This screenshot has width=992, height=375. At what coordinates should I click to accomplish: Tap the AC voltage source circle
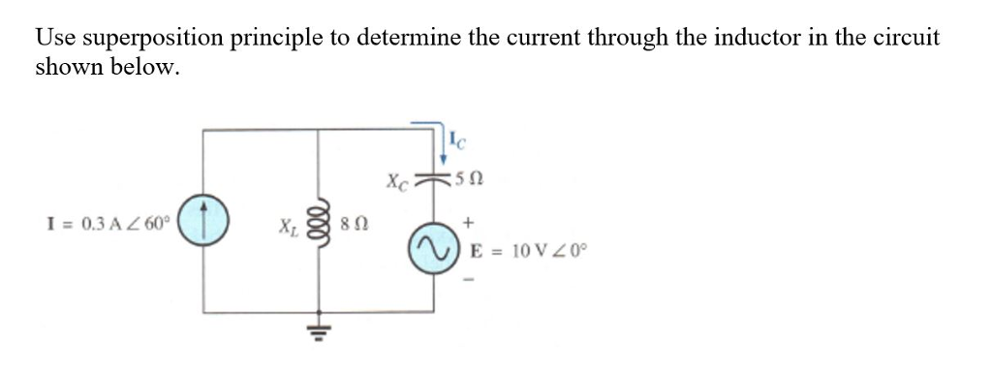tap(432, 252)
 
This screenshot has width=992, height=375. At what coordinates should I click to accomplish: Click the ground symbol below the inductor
tap(319, 339)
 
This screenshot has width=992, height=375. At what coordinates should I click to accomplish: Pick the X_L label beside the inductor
tap(289, 233)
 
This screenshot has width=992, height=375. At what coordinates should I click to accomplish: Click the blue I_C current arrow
tap(444, 145)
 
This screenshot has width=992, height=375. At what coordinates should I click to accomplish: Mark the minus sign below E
tap(469, 281)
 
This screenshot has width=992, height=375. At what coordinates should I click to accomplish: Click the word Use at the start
tap(56, 39)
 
